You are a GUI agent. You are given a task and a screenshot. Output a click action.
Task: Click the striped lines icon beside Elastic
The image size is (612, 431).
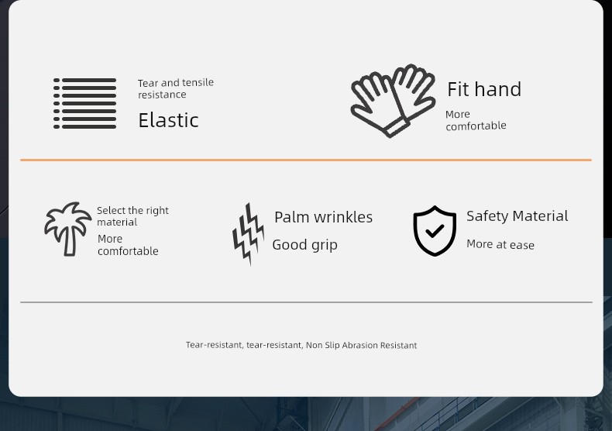click(x=84, y=103)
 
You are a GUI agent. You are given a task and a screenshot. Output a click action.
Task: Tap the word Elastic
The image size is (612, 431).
click(x=168, y=120)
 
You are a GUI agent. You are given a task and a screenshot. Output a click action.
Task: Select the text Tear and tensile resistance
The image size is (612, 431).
click(x=176, y=88)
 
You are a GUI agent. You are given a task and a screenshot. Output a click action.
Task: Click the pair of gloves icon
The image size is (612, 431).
click(x=393, y=100)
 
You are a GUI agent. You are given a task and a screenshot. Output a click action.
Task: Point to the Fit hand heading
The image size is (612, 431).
click(x=484, y=89)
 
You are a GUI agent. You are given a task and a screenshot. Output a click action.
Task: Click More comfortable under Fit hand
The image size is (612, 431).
click(x=476, y=120)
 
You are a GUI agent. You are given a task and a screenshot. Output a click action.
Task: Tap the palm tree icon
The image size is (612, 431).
click(x=67, y=229)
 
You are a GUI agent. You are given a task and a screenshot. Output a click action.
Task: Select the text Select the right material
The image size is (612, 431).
click(x=132, y=216)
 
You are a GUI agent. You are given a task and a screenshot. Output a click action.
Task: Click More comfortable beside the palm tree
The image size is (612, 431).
click(x=128, y=245)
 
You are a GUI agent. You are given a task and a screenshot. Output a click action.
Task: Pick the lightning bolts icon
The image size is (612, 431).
click(x=248, y=233)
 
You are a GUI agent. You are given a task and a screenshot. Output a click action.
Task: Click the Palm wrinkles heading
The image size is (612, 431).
click(x=324, y=218)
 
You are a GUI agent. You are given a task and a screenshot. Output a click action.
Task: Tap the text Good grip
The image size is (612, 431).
click(x=304, y=245)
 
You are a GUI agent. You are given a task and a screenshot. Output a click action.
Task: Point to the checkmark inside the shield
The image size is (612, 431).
click(x=435, y=231)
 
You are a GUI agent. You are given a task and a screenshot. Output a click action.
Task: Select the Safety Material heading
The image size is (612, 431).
click(x=517, y=216)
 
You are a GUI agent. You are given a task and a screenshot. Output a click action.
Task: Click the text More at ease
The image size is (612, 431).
click(x=500, y=245)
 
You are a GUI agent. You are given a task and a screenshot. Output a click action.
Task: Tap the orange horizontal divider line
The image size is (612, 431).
click(x=306, y=160)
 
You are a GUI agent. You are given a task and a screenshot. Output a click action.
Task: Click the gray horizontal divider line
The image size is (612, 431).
click(x=306, y=302)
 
